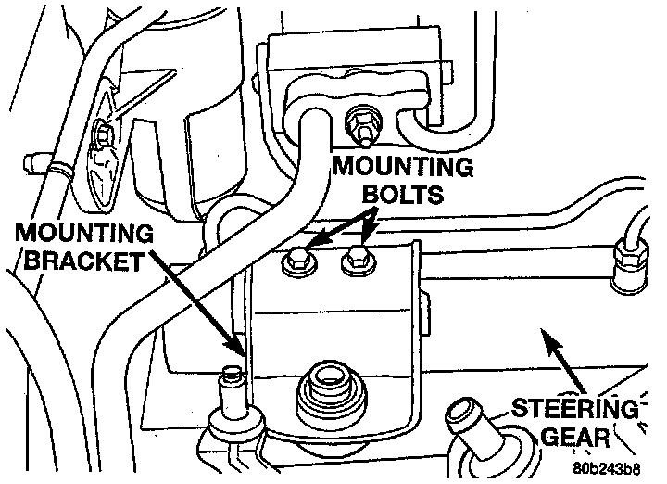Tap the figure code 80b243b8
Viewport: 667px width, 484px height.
(x=608, y=468)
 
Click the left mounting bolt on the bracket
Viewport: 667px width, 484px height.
(x=297, y=262)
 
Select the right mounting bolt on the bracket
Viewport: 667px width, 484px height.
(x=356, y=262)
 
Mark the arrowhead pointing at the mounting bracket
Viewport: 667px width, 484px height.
(x=238, y=347)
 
